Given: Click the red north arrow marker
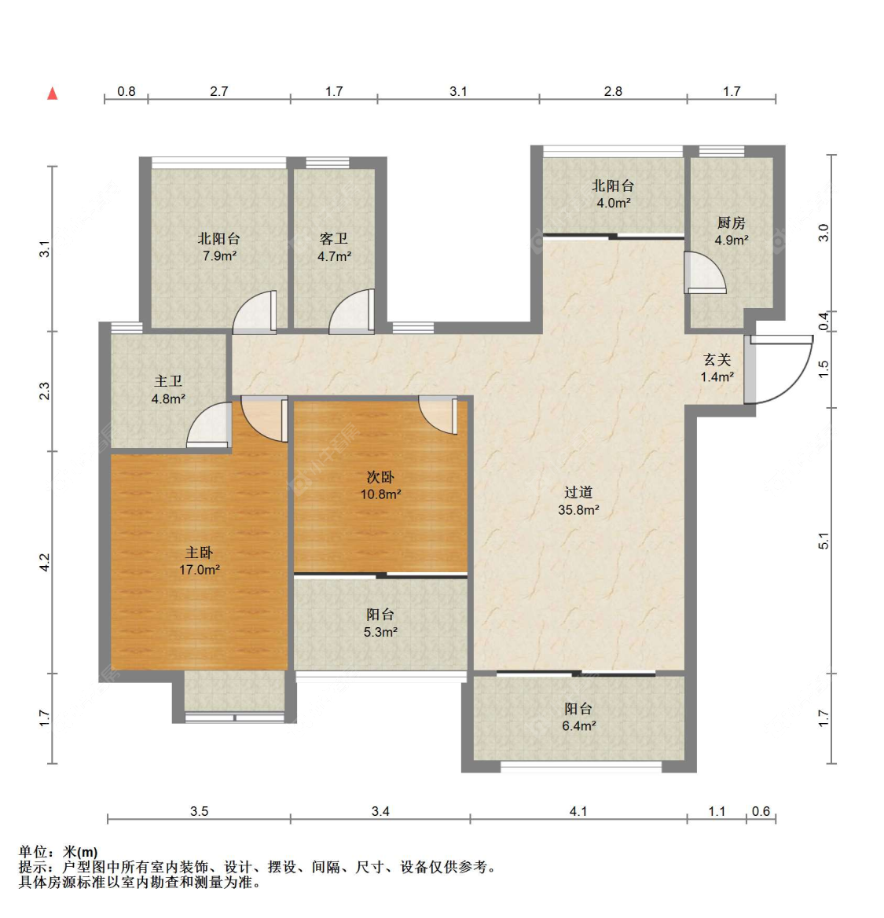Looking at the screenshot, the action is tap(53, 93).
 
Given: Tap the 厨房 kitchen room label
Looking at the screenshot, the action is tap(732, 231).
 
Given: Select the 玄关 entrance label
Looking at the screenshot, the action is tap(717, 369).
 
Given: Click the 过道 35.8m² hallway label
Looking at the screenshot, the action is tap(578, 501).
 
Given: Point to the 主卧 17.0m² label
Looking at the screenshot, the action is tap(199, 561).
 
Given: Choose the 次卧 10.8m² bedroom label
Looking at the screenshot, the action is tap(380, 486).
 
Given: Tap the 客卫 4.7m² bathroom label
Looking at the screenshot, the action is tap(334, 247).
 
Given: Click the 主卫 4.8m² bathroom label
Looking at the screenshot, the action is tap(169, 390).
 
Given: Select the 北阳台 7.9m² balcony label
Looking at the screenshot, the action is tap(219, 247).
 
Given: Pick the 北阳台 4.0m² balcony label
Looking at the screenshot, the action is tap(613, 194).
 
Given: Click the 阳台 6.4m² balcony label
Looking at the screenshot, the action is tap(578, 717).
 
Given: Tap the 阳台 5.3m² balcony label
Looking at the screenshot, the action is tap(380, 623).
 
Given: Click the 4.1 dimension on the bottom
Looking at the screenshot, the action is tap(578, 811).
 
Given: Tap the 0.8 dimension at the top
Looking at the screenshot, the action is tap(127, 91).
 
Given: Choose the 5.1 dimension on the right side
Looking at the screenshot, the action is tap(823, 541).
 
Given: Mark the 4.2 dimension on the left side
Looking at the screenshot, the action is tap(45, 563).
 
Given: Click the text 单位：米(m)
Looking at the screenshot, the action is tap(59, 852).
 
